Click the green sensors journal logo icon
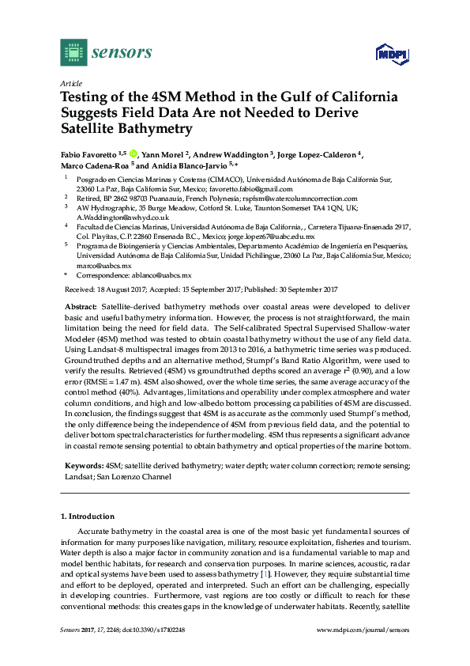click(72, 53)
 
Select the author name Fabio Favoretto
click(92, 154)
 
